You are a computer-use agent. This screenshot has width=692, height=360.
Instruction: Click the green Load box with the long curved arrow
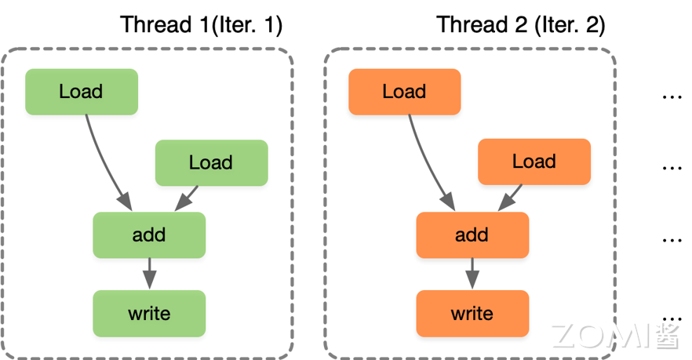pos(81,92)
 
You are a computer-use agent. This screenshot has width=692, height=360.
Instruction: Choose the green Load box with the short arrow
pos(211,162)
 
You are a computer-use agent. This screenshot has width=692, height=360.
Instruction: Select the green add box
pos(149,235)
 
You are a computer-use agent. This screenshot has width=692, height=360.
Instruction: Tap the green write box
pos(149,314)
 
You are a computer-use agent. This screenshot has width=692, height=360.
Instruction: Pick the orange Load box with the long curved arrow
pos(404,92)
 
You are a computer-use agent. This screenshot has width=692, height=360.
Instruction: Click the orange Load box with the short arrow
pos(534,162)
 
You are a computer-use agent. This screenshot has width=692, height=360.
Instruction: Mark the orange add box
pos(472,235)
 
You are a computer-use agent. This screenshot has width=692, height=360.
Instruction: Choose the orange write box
pos(472,314)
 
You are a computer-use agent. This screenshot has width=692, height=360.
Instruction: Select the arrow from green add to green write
pos(149,274)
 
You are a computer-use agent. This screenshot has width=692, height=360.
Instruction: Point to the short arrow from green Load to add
pos(187,198)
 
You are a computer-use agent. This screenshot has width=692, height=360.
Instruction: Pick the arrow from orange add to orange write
pos(472,274)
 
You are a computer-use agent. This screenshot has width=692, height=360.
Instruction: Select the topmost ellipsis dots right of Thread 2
pos(672,97)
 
